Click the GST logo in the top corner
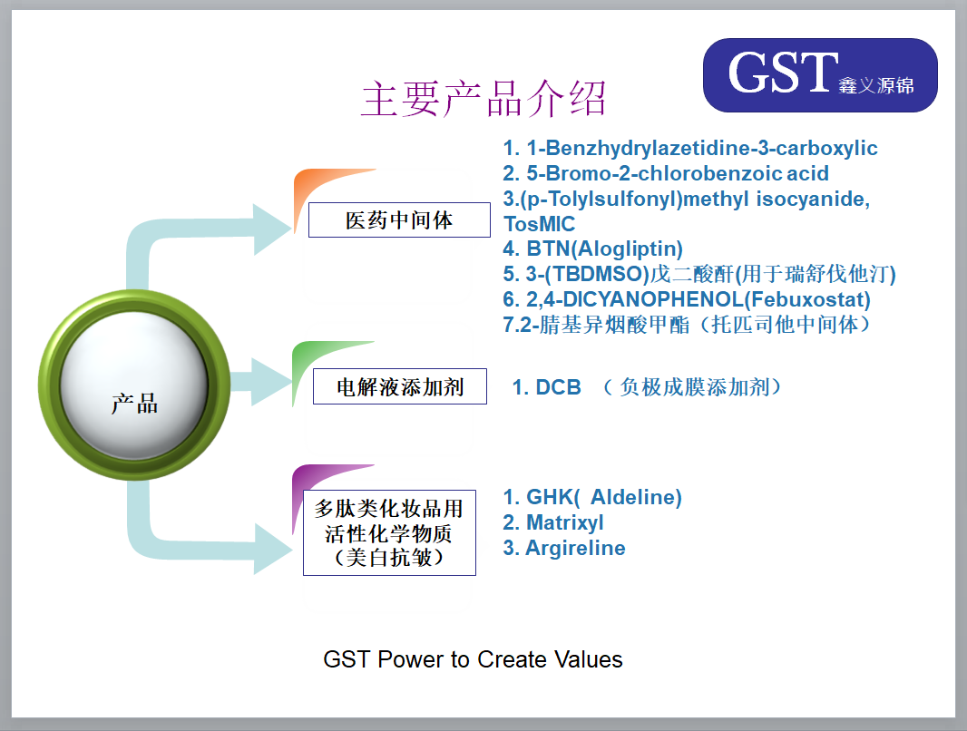click(820, 75)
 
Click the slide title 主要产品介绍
click(484, 99)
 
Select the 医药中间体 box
click(399, 220)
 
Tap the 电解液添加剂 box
click(400, 386)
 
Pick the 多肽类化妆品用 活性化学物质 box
click(389, 532)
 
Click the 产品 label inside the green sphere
click(134, 404)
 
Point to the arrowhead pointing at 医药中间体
click(272, 229)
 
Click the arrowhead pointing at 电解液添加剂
click(271, 382)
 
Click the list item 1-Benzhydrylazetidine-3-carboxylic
click(690, 148)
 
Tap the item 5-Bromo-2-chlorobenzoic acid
click(666, 173)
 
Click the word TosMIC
click(539, 224)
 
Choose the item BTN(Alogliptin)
click(592, 249)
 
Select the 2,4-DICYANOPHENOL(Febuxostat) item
click(687, 299)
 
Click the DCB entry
click(546, 387)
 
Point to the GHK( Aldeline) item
click(592, 497)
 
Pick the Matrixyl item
click(552, 522)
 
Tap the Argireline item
click(563, 548)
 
